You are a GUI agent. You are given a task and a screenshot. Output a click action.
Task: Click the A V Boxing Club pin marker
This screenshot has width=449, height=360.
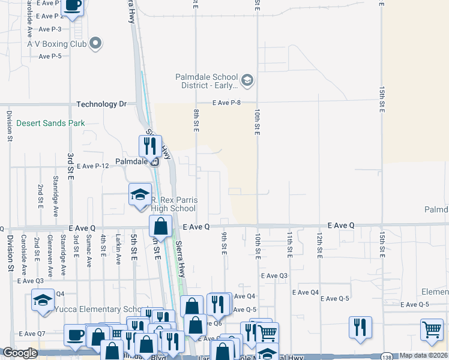click(x=95, y=43)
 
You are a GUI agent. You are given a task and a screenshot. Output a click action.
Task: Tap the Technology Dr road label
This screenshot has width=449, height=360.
click(x=101, y=104)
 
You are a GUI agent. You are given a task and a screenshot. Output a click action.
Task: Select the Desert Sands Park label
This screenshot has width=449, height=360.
click(x=50, y=123)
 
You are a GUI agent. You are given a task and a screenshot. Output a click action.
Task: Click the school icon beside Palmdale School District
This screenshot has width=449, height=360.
click(x=246, y=80)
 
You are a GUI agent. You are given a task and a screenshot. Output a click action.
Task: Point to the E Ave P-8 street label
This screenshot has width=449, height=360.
click(x=226, y=103)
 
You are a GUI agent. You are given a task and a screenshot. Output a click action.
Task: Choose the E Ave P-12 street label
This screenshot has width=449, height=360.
click(x=92, y=166)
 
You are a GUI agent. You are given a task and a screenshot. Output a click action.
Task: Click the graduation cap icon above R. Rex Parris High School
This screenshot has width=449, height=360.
click(x=140, y=194)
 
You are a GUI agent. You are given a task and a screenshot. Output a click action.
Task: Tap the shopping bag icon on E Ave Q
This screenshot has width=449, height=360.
click(x=161, y=226)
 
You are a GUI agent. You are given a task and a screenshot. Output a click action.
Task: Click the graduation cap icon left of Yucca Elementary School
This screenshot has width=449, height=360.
click(x=43, y=301)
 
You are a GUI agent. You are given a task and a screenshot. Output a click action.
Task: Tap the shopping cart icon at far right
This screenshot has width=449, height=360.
click(x=432, y=329)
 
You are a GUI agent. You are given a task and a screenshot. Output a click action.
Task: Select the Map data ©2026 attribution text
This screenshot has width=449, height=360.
click(x=423, y=355)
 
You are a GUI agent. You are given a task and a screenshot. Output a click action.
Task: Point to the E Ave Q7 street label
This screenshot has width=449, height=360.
click(x=32, y=334)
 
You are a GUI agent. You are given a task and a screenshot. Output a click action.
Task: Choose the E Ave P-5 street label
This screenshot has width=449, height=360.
click(x=50, y=56)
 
